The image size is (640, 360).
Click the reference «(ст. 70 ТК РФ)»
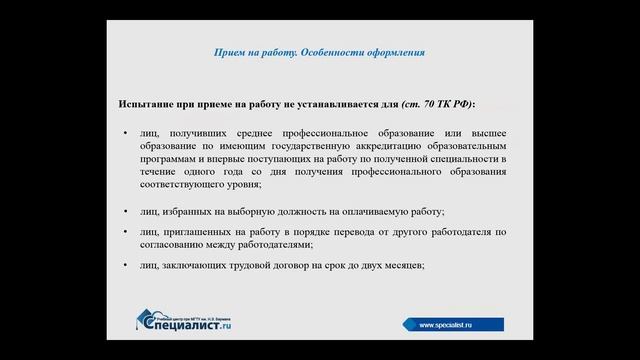point(437,103)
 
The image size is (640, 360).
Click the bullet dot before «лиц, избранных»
point(125,212)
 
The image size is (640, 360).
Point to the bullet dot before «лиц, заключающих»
point(125,265)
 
